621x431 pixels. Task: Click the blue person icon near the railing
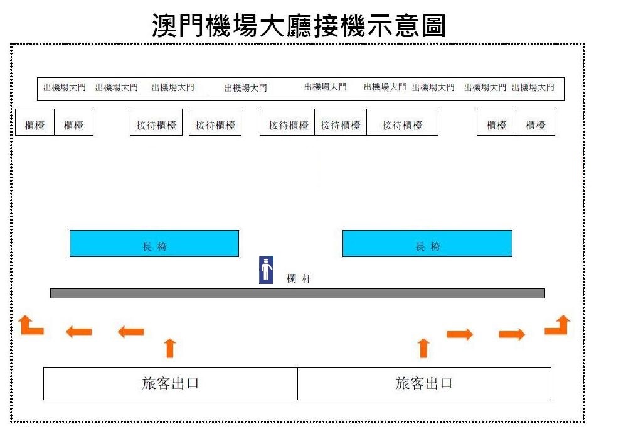point(266,270)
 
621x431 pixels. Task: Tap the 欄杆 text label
point(299,279)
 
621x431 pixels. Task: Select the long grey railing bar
point(297,293)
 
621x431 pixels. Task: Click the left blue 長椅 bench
point(154,243)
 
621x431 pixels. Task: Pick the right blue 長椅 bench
point(427,243)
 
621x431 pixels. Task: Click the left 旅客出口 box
point(170,383)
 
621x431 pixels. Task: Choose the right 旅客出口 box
point(424,383)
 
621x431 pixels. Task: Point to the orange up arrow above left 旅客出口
point(170,348)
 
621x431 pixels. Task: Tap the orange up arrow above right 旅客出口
point(424,348)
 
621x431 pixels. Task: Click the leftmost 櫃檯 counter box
point(35,123)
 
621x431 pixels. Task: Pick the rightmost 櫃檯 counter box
point(536,123)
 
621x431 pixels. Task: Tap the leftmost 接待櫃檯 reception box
point(156,123)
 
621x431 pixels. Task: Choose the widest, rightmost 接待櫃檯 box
point(402,123)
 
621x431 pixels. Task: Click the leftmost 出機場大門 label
point(65,87)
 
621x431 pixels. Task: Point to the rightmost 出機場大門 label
point(533,87)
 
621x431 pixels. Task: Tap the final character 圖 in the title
point(434,25)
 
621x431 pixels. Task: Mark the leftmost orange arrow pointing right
point(460,334)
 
